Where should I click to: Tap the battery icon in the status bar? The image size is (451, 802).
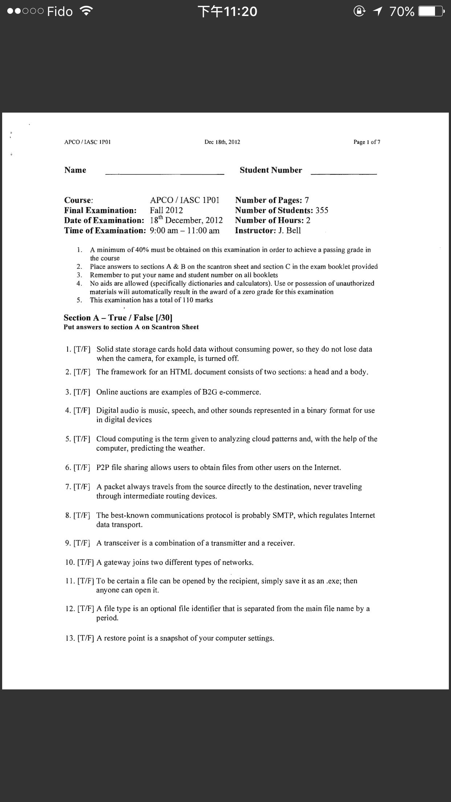431,12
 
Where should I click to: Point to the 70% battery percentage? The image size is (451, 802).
402,12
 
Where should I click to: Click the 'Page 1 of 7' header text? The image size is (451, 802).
367,142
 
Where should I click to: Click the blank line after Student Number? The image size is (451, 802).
344,174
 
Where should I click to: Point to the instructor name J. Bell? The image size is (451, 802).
289,231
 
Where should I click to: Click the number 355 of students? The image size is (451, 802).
322,210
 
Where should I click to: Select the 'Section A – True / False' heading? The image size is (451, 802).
118,318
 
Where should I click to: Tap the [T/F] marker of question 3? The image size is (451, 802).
82,392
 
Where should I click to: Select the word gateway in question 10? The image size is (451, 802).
117,563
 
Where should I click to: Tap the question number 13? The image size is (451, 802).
70,639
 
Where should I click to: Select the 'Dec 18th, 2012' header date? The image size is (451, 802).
222,142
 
